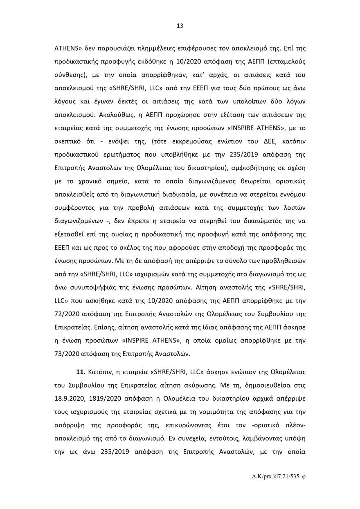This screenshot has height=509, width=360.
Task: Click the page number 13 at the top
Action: [x=180, y=26]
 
